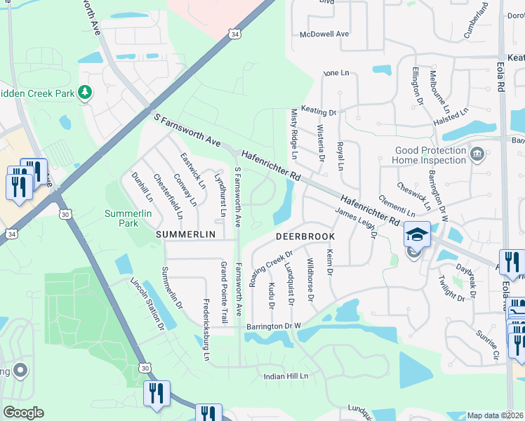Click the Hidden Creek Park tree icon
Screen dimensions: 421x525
[x=85, y=93]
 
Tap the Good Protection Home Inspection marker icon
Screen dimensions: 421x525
[x=477, y=154]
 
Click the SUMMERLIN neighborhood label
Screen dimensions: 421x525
[x=183, y=234]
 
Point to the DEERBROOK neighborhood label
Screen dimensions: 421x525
[x=305, y=237]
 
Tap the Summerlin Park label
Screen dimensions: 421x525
[x=121, y=218]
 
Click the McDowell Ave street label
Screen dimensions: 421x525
[x=324, y=34]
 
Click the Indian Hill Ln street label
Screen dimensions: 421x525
[x=286, y=377]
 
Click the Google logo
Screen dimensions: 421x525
[x=23, y=412]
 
